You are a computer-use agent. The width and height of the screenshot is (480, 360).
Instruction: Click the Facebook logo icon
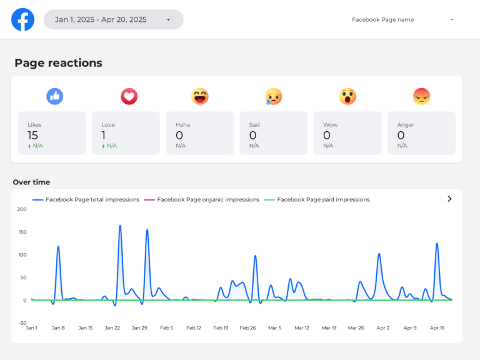pos(23,19)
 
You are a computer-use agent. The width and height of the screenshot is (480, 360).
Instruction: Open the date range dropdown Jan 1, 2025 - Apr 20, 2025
pos(113,19)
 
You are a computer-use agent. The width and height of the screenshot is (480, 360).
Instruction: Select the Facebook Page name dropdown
pos(402,19)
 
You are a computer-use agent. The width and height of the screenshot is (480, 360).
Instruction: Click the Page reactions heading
pos(58,63)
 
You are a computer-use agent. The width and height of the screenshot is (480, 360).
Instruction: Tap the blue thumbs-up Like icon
pos(55,96)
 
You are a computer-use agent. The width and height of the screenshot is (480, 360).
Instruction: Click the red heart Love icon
pos(129,96)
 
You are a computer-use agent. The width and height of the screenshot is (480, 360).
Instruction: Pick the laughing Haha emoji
pos(200,96)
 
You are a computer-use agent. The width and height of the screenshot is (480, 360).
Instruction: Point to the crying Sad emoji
pos(273,96)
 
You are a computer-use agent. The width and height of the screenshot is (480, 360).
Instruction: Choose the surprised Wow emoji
pos(347,96)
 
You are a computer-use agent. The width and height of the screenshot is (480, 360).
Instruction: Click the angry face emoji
pos(422,96)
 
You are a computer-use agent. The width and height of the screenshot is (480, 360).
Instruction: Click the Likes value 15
pos(32,135)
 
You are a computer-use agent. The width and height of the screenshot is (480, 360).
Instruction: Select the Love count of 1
pos(104,135)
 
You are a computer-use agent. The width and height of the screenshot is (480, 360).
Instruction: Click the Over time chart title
pos(31,182)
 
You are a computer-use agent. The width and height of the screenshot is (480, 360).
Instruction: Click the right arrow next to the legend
pos(449,199)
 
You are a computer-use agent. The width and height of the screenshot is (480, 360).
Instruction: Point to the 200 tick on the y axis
pos(22,209)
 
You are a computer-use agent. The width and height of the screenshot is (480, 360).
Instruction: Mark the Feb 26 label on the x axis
pos(248,327)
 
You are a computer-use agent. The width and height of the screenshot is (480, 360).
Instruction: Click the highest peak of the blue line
pos(120,226)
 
